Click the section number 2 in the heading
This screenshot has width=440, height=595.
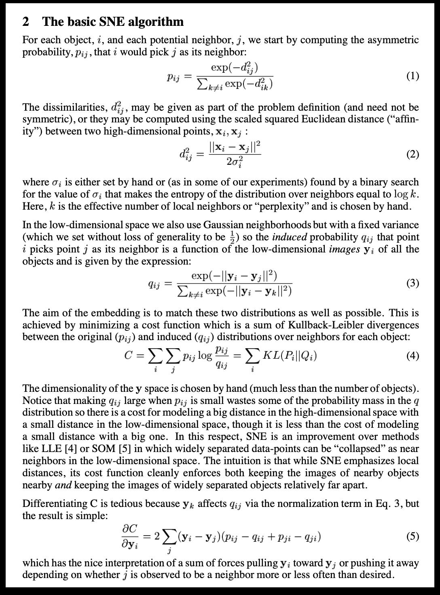click(25, 21)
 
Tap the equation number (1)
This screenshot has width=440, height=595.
click(412, 76)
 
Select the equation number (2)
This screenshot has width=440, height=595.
click(412, 154)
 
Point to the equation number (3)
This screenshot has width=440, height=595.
click(412, 283)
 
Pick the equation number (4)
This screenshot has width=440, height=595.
click(412, 355)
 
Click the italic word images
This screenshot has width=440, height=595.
click(344, 249)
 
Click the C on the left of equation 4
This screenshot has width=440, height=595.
click(129, 356)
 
